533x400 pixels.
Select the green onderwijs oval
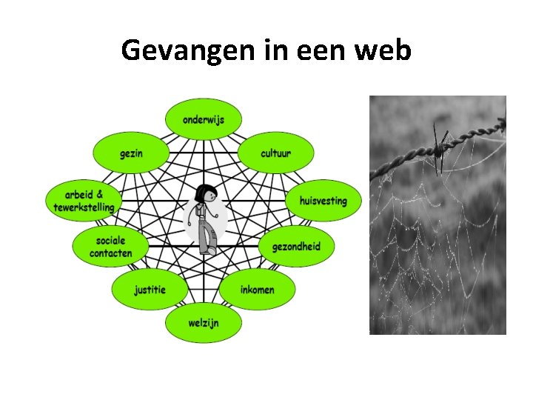point(203,119)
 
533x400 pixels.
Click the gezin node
point(131,153)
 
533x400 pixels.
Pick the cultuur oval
point(275,153)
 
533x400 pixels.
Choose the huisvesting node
point(322,200)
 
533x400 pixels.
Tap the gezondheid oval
point(296,246)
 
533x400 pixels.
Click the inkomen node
point(257,289)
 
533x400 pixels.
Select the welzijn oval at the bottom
point(203,324)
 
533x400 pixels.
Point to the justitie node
point(150,289)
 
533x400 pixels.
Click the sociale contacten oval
point(110,246)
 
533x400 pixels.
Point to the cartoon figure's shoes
point(209,251)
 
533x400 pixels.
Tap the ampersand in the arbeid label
point(100,194)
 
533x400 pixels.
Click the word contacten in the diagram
point(110,253)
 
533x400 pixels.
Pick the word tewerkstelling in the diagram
point(84,207)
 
